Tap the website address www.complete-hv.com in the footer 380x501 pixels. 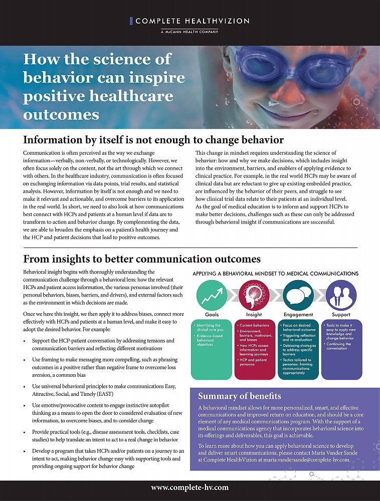189,487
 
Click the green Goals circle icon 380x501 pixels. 211,295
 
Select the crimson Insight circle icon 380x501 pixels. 254,295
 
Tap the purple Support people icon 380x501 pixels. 341,295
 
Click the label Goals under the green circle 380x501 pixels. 211,315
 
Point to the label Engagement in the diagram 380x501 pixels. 298,315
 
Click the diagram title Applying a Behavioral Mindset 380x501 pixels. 275,274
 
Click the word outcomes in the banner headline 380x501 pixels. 61,114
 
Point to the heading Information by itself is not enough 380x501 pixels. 153,140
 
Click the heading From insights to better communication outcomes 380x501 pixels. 142,259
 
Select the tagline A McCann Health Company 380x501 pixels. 189,32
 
